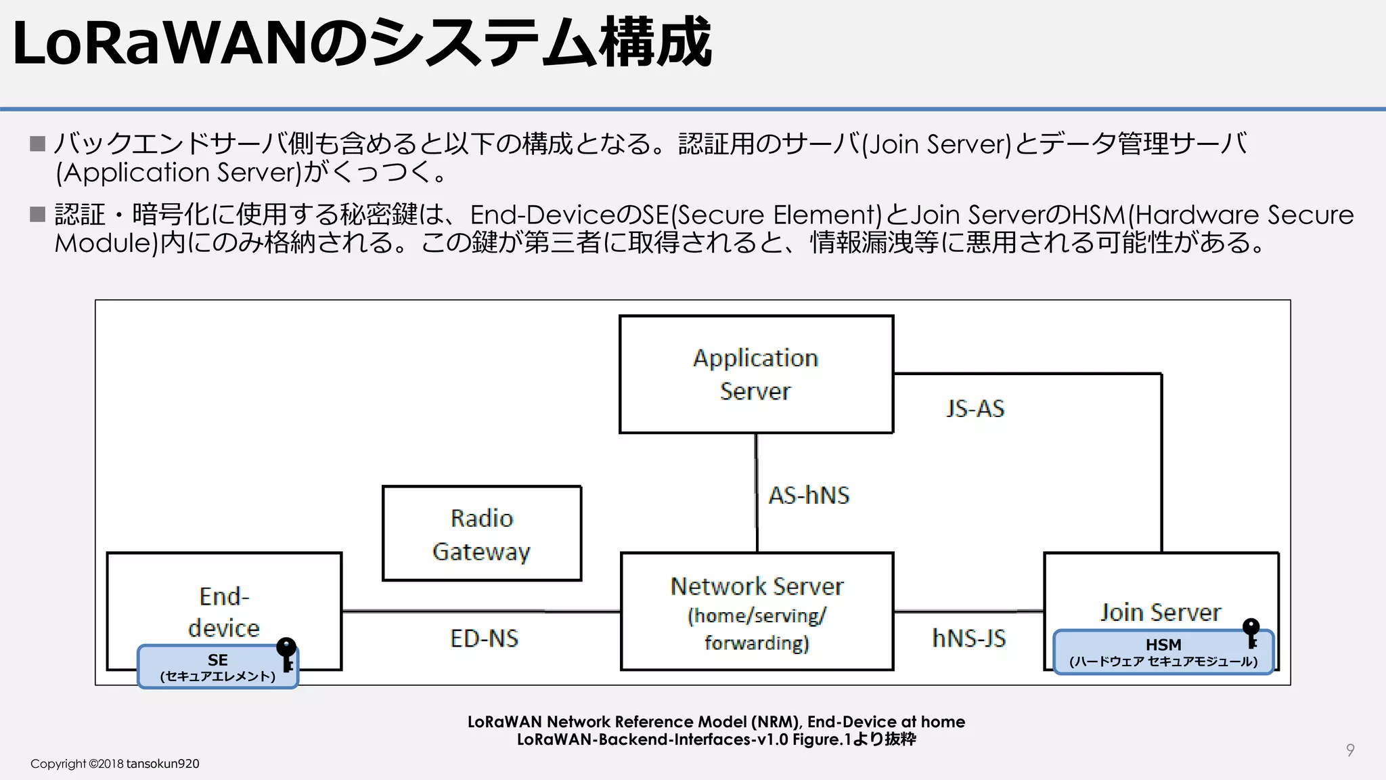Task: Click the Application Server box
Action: pos(756,374)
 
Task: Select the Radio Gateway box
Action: pos(481,534)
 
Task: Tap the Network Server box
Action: pos(757,611)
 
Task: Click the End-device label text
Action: pos(224,611)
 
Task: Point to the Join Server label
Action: pos(1160,612)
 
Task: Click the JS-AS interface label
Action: pos(975,408)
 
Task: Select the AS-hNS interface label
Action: pos(809,495)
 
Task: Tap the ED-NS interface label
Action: pos(484,638)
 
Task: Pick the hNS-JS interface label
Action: pos(968,638)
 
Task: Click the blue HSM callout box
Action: pos(1162,652)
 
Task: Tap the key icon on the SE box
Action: pos(287,654)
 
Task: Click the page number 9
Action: pos(1349,750)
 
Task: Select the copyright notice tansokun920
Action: pos(115,764)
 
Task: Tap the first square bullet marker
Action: pos(38,144)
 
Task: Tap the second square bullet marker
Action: pos(38,215)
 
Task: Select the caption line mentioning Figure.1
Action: pos(716,739)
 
